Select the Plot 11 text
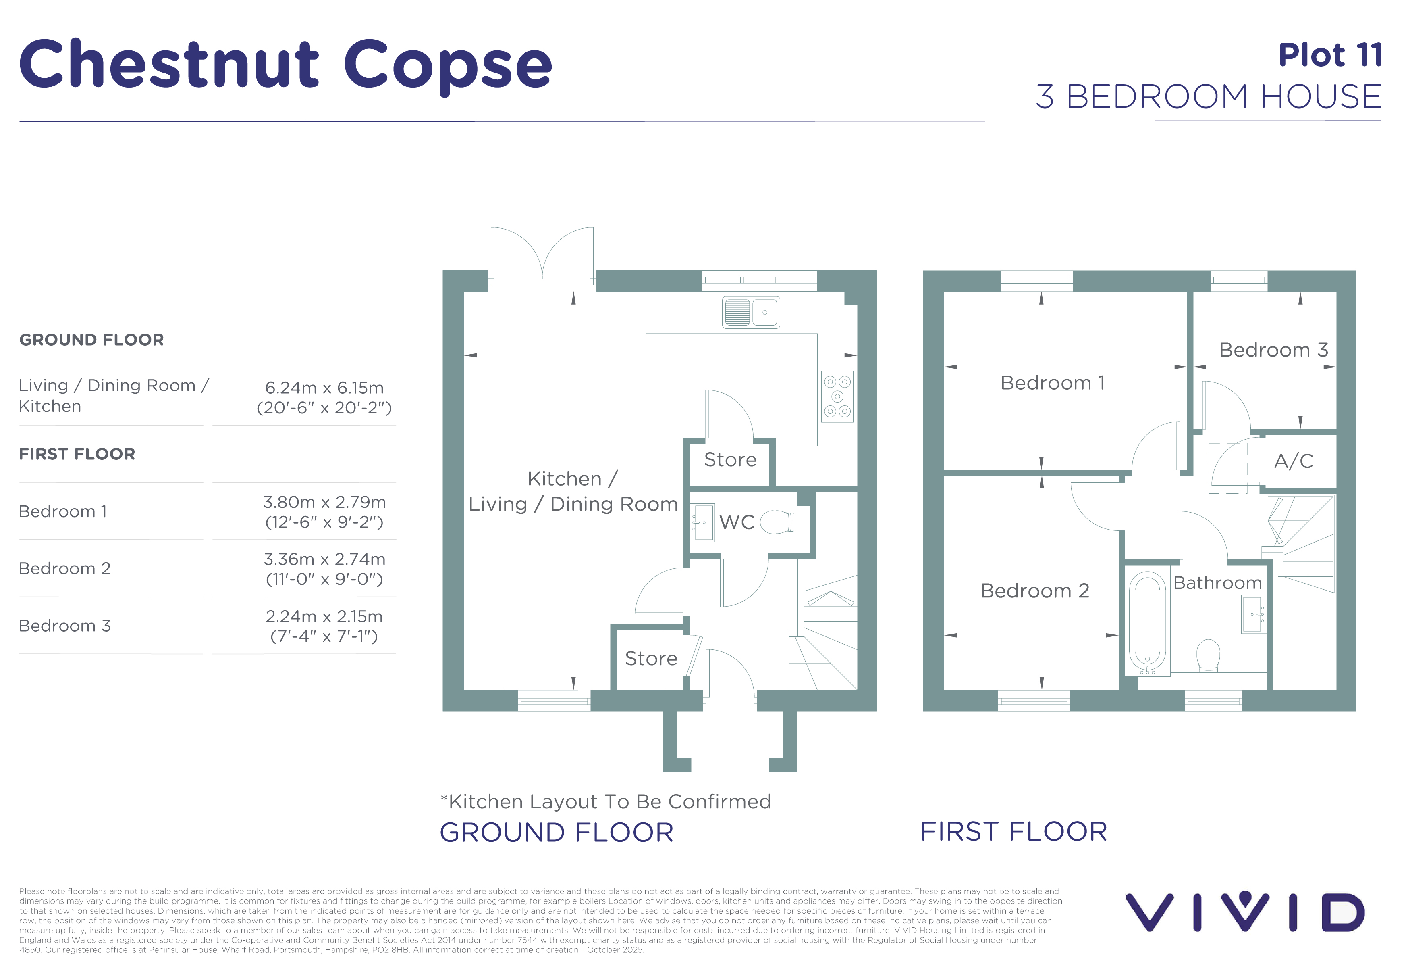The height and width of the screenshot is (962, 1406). [x=1330, y=55]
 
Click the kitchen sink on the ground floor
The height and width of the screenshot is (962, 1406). [x=751, y=312]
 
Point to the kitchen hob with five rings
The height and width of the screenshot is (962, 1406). [x=837, y=396]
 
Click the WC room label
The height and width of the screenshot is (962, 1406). [x=737, y=522]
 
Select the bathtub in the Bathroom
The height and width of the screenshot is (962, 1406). [x=1147, y=623]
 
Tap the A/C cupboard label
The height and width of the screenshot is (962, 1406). [x=1294, y=461]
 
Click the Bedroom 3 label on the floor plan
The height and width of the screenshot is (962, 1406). [x=1273, y=350]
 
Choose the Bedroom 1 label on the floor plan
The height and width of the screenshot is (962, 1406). [x=1053, y=383]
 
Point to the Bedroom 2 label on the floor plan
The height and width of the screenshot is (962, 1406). [x=1034, y=590]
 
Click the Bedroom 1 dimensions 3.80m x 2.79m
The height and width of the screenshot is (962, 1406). [x=324, y=502]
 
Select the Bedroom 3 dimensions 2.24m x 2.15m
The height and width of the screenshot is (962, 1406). [x=324, y=616]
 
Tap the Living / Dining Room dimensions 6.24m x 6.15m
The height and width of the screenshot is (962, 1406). [x=324, y=388]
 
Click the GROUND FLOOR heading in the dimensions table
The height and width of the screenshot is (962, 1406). [x=91, y=340]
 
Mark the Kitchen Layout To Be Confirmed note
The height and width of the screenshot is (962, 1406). [x=606, y=801]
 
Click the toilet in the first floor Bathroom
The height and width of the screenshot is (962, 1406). [x=1208, y=655]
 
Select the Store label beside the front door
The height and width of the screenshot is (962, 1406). [x=651, y=658]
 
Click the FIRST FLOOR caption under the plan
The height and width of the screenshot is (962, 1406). [x=1014, y=831]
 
